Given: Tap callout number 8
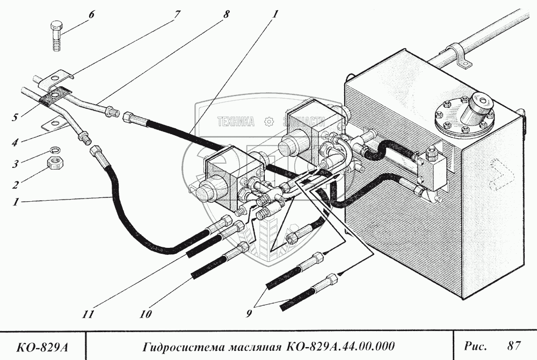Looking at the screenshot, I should pyautogui.click(x=226, y=14).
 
